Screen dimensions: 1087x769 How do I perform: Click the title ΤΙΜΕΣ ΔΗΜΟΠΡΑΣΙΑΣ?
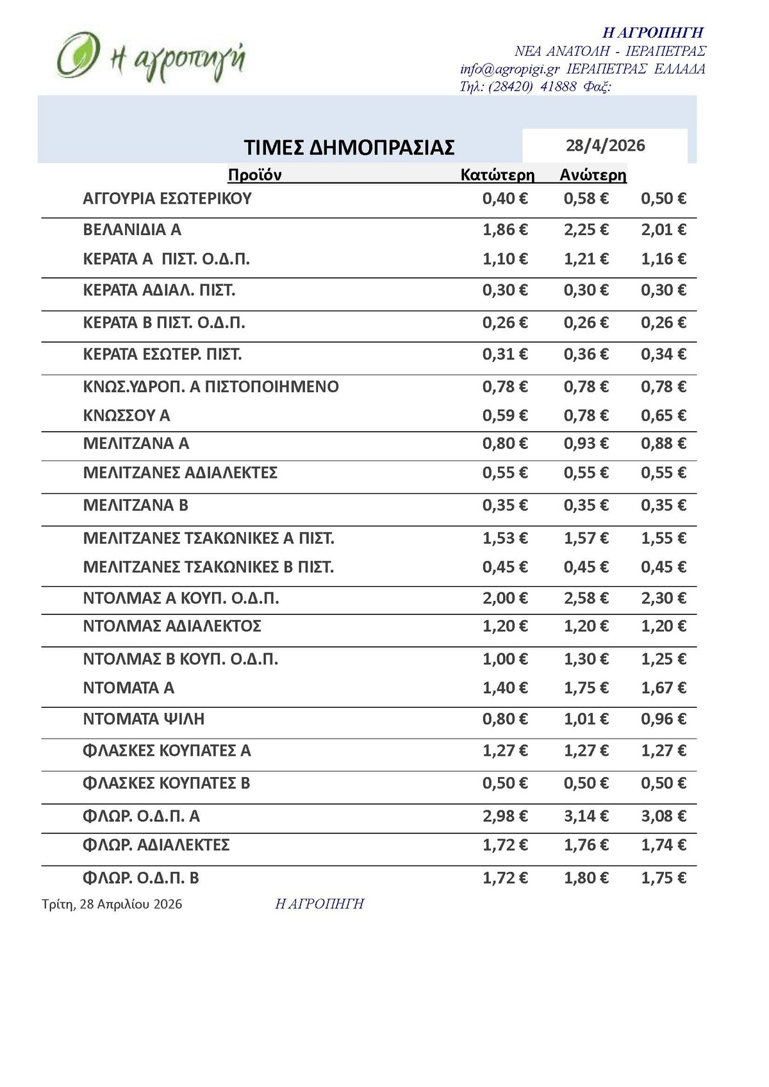(x=349, y=147)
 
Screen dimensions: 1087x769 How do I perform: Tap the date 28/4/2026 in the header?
(x=605, y=145)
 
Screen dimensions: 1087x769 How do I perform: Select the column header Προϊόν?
(x=254, y=175)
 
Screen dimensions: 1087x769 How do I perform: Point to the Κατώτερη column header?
(x=497, y=175)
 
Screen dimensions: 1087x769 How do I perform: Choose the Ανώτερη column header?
(x=593, y=175)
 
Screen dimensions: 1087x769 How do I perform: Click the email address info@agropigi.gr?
(x=510, y=69)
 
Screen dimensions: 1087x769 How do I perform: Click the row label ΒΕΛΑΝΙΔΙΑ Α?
(x=132, y=229)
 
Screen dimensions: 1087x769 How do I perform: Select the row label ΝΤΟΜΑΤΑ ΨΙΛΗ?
(x=144, y=719)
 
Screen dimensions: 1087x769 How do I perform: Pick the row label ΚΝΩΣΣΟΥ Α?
(x=126, y=416)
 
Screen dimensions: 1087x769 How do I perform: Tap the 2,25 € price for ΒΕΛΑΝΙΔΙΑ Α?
(x=586, y=229)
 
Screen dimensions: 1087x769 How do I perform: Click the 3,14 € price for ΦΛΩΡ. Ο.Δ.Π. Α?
(x=586, y=816)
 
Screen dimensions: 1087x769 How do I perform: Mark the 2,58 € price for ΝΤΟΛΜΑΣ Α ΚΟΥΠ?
(x=586, y=598)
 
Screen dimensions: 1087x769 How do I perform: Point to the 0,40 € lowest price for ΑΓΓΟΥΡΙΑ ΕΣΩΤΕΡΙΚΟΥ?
(x=505, y=199)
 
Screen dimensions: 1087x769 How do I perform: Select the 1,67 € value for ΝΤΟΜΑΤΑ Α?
(x=663, y=688)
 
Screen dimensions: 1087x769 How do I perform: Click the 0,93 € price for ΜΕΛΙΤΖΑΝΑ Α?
(x=586, y=443)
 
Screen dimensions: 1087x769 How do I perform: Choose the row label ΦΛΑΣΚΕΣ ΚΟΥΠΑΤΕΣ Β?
(x=167, y=783)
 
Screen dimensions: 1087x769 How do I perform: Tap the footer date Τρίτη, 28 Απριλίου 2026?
(x=112, y=904)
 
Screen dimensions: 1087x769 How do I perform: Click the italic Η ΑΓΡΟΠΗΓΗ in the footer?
(x=319, y=904)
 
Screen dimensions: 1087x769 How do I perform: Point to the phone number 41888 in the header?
(x=558, y=86)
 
